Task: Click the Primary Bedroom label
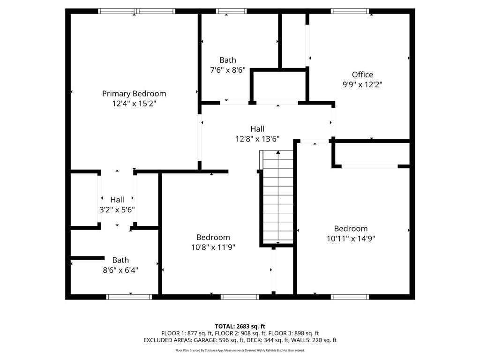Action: [x=134, y=94]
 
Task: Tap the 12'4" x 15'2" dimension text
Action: [x=134, y=104]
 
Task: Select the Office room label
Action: [x=362, y=75]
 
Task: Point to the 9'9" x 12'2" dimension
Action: [x=362, y=84]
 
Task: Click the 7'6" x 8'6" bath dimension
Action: [x=228, y=70]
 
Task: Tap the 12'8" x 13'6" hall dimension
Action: [x=257, y=139]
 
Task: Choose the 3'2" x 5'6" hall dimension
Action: [x=117, y=210]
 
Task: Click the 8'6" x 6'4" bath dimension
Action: [x=120, y=270]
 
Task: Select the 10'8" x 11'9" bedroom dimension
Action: [x=213, y=247]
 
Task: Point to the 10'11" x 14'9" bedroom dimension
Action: [x=351, y=239]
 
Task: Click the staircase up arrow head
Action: [x=278, y=152]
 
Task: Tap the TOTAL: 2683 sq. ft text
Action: [x=240, y=326]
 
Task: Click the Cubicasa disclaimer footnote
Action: [x=240, y=350]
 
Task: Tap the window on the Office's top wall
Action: [x=350, y=11]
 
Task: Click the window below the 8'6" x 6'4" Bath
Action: [x=129, y=297]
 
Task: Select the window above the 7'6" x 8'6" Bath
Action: [x=231, y=11]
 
